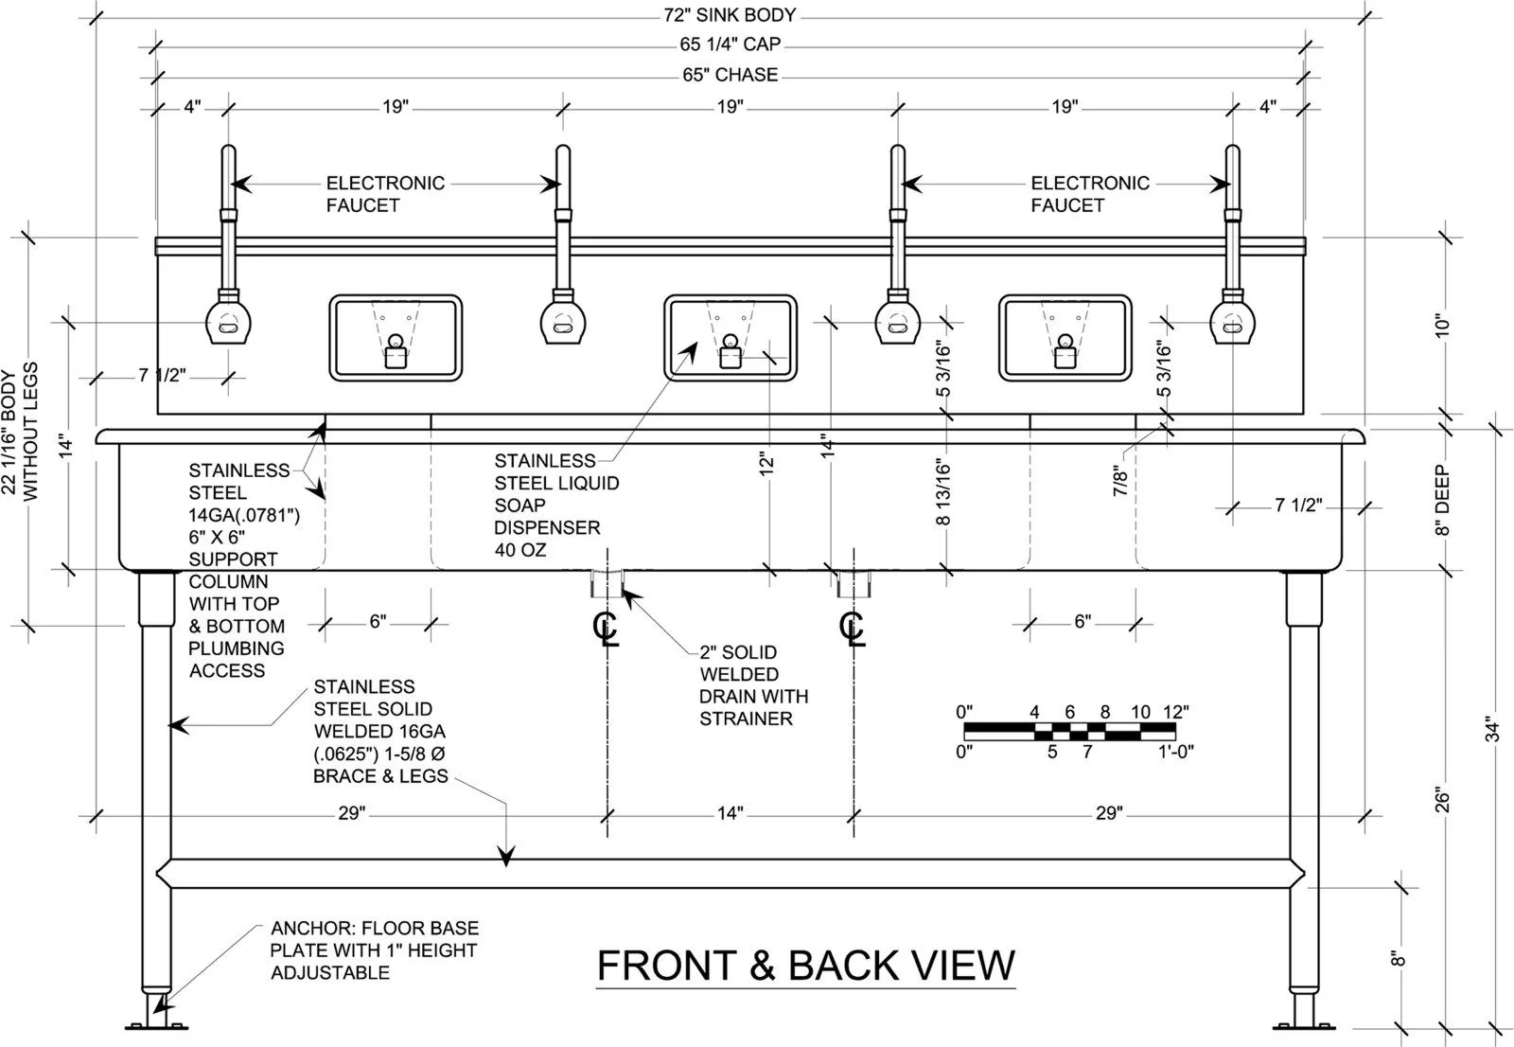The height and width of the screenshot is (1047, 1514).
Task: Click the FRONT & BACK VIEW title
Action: click(806, 965)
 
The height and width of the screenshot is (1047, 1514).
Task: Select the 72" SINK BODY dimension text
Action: click(730, 15)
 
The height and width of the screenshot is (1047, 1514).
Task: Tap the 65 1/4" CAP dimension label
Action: click(730, 44)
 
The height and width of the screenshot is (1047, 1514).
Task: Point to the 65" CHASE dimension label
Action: click(731, 75)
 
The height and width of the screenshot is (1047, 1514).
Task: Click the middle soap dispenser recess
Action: click(730, 338)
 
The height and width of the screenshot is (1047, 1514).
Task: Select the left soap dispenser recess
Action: click(396, 338)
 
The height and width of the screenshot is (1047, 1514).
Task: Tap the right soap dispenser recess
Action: click(1065, 338)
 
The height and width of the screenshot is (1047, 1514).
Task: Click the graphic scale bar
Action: click(1070, 731)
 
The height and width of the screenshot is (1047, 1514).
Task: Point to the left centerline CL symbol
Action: click(606, 628)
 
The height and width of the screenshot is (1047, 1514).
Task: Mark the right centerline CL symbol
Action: click(853, 628)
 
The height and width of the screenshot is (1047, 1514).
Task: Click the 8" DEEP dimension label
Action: click(1443, 500)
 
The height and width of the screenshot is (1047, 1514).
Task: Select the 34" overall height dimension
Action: click(1492, 729)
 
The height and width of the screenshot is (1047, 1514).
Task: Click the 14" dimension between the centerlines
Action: click(731, 812)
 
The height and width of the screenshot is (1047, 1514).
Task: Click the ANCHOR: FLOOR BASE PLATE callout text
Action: click(375, 949)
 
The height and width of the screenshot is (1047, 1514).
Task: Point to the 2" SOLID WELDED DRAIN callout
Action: click(754, 685)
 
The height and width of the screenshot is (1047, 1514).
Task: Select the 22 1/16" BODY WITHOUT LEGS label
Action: click(20, 431)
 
